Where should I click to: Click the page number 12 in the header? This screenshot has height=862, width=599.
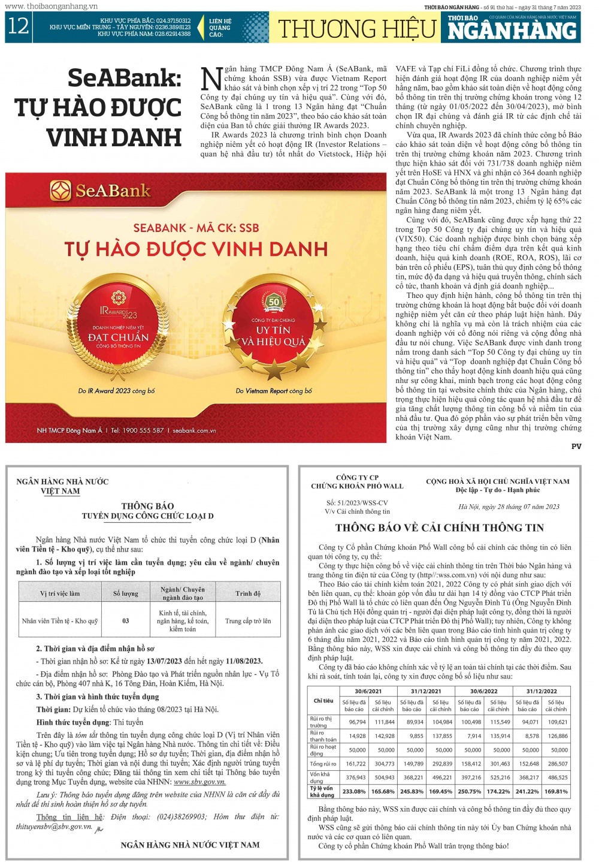coord(18,27)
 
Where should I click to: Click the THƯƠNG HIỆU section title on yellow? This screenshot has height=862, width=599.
coord(357,29)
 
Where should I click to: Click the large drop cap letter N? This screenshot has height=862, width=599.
coord(211,79)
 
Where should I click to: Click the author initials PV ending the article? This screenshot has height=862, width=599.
coord(576,447)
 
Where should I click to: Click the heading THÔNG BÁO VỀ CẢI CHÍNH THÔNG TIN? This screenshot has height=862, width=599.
coord(439,528)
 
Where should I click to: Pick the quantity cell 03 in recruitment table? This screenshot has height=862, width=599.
coord(125,621)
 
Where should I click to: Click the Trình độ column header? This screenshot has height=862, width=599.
coord(248,593)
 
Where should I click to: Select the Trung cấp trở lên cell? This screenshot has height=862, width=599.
coord(248,621)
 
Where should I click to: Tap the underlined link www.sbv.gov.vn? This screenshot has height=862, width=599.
coord(199,782)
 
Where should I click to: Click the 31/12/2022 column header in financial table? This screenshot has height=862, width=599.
coord(541,691)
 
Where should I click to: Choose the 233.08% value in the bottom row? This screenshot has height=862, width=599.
coord(354,791)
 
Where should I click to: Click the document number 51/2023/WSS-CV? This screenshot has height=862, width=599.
coord(357,503)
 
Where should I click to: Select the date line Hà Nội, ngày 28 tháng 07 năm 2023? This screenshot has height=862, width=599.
coord(509,507)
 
